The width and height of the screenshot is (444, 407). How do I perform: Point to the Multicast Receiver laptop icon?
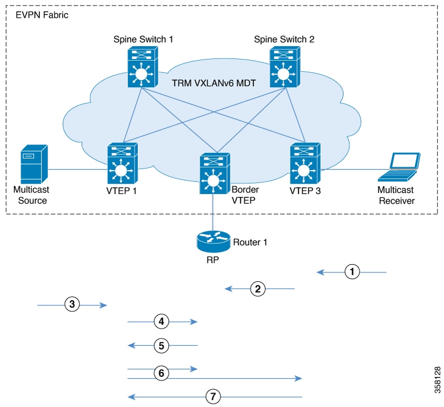[398, 166]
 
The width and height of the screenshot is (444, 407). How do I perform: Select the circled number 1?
[352, 272]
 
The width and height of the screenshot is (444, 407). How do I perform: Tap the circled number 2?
[257, 289]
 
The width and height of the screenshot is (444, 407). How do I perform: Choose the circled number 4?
[161, 321]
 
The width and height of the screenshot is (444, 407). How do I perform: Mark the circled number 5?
[161, 345]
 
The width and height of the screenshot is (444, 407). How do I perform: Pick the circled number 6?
[161, 373]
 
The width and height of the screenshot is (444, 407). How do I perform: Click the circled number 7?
[213, 396]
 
